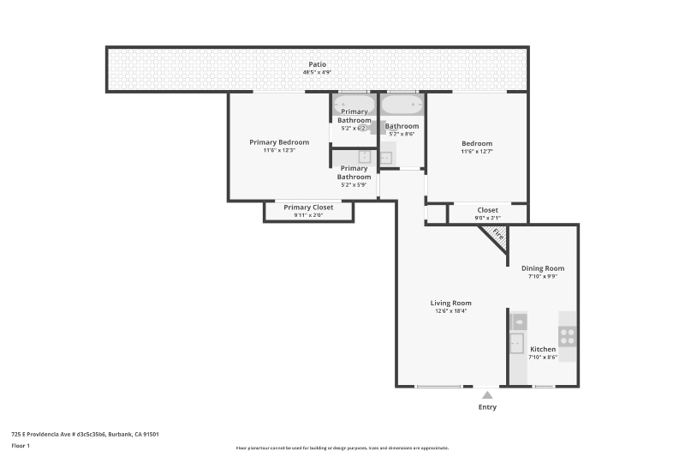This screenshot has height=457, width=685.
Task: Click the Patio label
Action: (x=317, y=64)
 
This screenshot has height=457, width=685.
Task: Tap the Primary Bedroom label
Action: (x=279, y=142)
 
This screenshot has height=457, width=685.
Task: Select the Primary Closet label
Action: (x=308, y=207)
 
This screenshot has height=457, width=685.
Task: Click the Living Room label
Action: (x=450, y=303)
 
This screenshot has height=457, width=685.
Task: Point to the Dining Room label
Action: (x=543, y=268)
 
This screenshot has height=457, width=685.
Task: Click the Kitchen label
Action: (x=543, y=349)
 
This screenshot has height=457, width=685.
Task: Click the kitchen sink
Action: (x=516, y=343)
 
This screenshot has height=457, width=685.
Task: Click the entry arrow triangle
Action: (x=487, y=394)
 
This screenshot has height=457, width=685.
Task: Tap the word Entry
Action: (x=487, y=407)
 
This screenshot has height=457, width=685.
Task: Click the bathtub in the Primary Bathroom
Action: (x=354, y=105)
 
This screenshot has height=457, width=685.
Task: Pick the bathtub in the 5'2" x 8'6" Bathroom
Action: (x=402, y=105)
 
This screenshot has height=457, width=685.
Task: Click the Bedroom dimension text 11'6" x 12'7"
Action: (x=477, y=152)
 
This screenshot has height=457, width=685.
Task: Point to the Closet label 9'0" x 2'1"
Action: (x=487, y=218)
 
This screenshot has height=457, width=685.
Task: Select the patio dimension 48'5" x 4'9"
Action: (x=317, y=73)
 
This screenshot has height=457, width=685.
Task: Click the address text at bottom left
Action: (x=85, y=435)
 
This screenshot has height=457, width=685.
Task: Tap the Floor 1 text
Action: (x=21, y=446)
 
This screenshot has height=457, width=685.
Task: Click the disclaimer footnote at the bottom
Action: (x=342, y=448)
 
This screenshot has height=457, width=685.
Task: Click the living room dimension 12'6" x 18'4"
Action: (x=450, y=311)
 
